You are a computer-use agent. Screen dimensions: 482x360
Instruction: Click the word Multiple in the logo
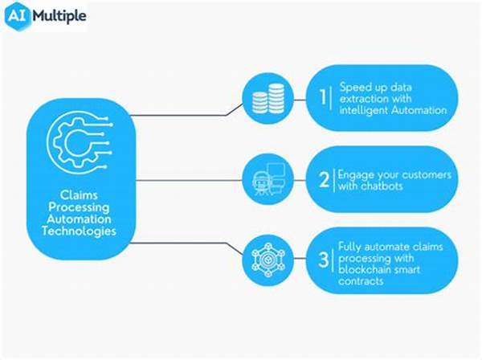(59, 16)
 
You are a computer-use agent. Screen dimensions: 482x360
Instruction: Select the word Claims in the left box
(79, 195)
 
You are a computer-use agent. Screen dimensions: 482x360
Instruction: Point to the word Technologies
(79, 231)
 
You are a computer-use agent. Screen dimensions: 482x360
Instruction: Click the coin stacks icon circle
(268, 98)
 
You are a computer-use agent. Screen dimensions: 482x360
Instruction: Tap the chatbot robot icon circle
(268, 179)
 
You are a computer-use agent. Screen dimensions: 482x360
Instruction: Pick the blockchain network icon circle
(268, 260)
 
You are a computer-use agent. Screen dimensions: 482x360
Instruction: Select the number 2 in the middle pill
(325, 179)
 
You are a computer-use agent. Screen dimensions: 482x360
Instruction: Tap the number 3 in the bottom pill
(324, 260)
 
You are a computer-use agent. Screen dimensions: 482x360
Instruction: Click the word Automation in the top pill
(419, 110)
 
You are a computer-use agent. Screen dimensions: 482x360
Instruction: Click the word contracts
(361, 281)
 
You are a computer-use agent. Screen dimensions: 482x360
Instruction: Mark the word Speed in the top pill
(355, 88)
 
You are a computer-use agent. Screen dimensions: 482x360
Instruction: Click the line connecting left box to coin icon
(187, 115)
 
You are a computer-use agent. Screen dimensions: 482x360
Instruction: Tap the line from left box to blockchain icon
(187, 244)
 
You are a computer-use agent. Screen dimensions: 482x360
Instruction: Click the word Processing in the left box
(79, 207)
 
